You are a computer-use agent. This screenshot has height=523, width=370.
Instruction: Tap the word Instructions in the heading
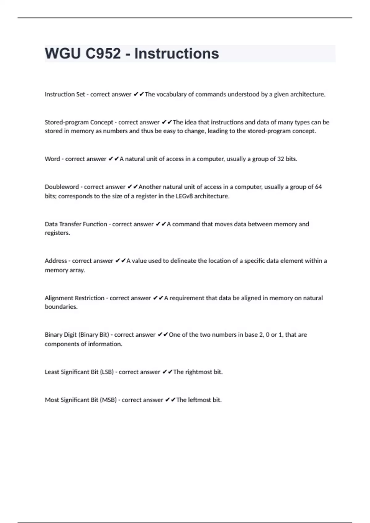tap(177, 54)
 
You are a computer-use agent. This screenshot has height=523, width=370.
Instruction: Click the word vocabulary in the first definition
tap(171, 94)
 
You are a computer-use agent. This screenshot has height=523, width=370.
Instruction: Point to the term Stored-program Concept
tap(79, 122)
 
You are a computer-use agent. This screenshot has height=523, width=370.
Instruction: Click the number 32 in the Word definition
tap(280, 159)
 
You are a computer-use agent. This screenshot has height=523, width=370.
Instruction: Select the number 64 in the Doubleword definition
tap(318, 187)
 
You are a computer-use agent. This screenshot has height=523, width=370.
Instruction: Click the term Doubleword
tap(62, 187)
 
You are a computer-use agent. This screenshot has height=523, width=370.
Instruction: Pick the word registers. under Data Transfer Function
tap(57, 233)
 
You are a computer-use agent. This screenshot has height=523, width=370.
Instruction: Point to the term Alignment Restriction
tap(75, 298)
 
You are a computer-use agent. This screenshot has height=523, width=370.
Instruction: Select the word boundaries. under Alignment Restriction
tap(61, 307)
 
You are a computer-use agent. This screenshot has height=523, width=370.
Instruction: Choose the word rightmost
tap(199, 372)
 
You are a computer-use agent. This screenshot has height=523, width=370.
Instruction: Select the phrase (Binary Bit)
tap(94, 335)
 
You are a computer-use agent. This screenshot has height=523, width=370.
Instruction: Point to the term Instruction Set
tap(65, 94)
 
